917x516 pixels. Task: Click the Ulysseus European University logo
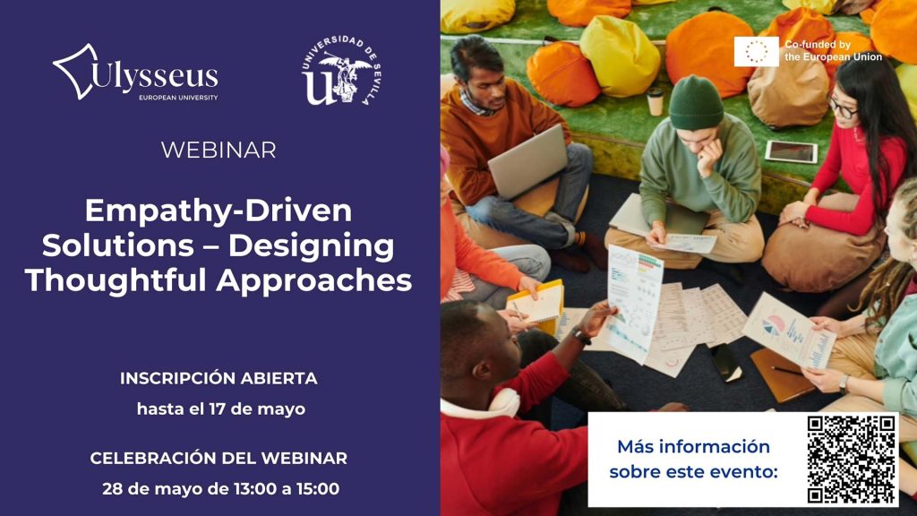[136, 73]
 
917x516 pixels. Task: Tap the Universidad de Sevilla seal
[342, 70]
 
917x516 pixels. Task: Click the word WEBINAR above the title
[219, 150]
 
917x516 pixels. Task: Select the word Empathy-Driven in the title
[219, 210]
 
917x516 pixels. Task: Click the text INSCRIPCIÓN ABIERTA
[219, 379]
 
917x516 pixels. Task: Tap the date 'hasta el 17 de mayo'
[221, 408]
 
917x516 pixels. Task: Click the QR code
[852, 460]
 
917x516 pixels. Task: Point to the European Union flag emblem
[757, 51]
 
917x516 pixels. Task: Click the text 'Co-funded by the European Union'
[834, 51]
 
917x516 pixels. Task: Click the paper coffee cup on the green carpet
[655, 102]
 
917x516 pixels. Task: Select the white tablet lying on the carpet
[792, 151]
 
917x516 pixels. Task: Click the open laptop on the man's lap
[527, 162]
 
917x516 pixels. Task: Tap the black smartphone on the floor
[725, 362]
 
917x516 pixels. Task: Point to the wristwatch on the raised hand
[581, 337]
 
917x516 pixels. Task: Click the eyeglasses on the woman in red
[842, 107]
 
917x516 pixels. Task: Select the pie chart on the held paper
[773, 325]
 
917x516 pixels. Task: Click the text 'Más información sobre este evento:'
[694, 460]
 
